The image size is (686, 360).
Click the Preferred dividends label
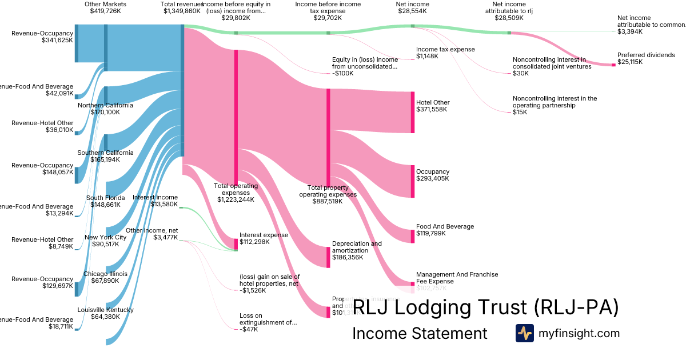pos(646,58)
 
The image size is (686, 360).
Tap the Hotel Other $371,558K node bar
pos(412,112)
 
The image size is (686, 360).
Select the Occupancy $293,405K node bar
pos(412,181)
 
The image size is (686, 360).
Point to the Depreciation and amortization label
pos(357,250)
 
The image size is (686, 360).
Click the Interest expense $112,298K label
pos(264,238)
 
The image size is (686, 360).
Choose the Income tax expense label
pos(445,53)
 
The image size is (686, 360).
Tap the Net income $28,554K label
pos(412,7)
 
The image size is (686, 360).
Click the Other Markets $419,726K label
pos(105,7)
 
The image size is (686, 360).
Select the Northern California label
pos(105,109)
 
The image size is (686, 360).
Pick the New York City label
pos(105,241)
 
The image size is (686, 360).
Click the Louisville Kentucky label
pos(105,313)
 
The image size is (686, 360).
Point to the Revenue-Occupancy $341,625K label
pos(42,37)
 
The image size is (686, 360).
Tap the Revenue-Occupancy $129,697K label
pos(42,282)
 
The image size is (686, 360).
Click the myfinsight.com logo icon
pos(524,333)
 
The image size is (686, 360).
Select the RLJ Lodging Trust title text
pos(485,307)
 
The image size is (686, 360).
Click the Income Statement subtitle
pos(420,333)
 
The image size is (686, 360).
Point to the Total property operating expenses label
pos(328,194)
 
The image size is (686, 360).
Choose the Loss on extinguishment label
pos(268,322)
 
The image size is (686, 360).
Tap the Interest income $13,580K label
pos(155,201)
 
